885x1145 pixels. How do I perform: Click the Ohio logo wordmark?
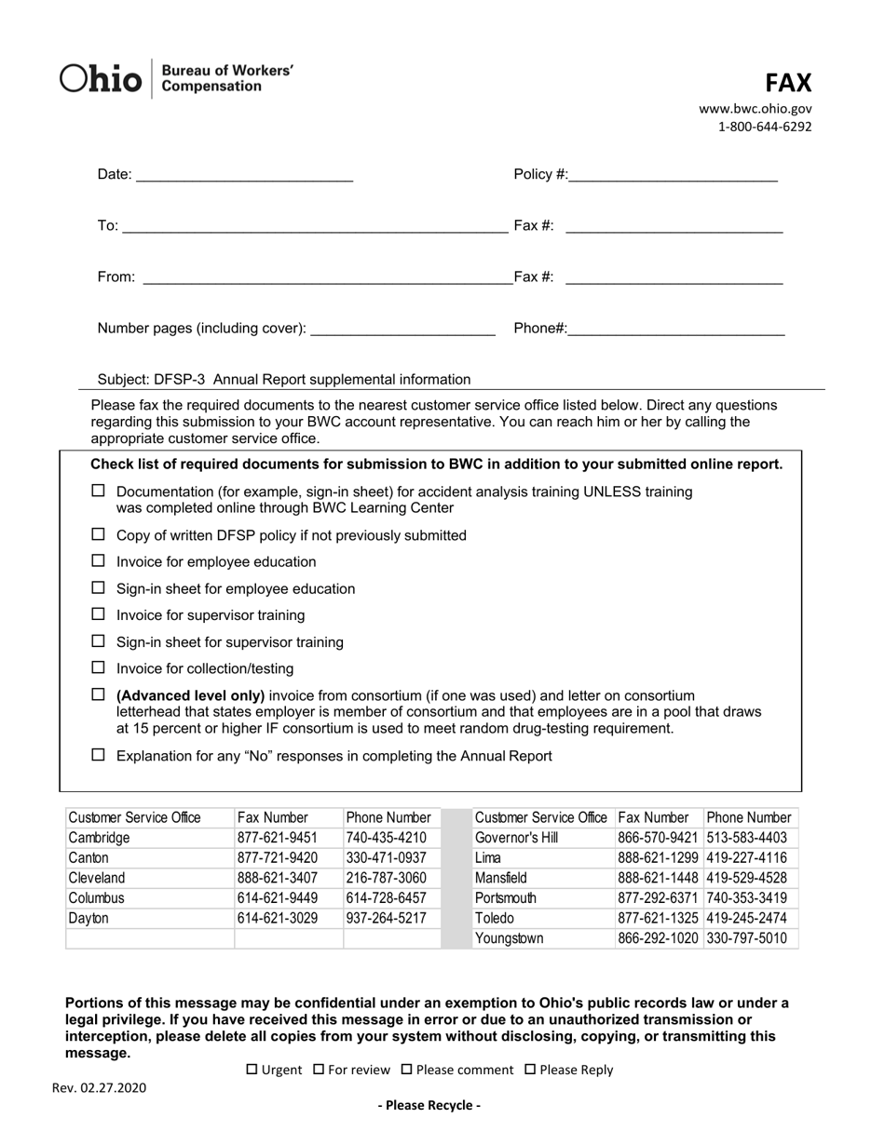coord(102,79)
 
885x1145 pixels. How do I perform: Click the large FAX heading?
coord(788,83)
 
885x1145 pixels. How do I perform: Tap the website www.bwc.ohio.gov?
coord(756,109)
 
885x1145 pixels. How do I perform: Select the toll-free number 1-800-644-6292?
coord(764,127)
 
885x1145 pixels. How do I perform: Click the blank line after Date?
coord(244,175)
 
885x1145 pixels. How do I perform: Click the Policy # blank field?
coord(673,175)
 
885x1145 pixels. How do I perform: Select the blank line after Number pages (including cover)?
coord(402,329)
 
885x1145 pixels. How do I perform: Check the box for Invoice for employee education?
coord(99,561)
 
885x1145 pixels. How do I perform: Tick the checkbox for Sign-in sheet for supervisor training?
coord(99,641)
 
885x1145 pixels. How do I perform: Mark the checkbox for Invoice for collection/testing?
coord(99,667)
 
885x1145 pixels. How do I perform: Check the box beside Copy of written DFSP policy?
coord(99,534)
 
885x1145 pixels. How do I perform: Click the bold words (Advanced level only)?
coord(191,695)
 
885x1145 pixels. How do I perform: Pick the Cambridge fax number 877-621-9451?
coord(278,838)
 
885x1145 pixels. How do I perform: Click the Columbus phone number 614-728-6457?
coord(386,898)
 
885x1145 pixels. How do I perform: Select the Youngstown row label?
coord(509,938)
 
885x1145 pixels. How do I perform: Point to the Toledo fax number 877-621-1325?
coord(658,918)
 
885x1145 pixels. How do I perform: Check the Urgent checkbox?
coord(252,1071)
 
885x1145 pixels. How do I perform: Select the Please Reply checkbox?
coord(530,1071)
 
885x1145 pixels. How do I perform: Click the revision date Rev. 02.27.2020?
coord(99,1087)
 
